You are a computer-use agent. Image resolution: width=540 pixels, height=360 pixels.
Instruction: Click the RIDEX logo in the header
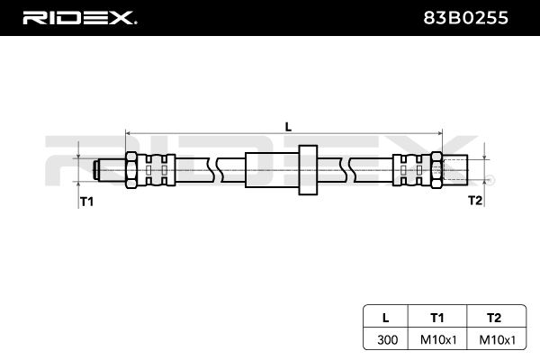80,17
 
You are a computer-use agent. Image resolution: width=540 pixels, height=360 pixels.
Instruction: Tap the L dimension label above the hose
288,127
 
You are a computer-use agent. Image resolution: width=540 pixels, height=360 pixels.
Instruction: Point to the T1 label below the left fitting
87,202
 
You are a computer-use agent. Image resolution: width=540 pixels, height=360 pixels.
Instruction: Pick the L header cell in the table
385,317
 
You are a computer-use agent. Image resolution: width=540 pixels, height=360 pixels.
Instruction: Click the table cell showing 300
385,339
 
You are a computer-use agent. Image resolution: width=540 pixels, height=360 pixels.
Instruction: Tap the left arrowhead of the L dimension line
129,133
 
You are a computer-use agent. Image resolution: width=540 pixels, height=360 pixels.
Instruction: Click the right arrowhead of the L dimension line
440,133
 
